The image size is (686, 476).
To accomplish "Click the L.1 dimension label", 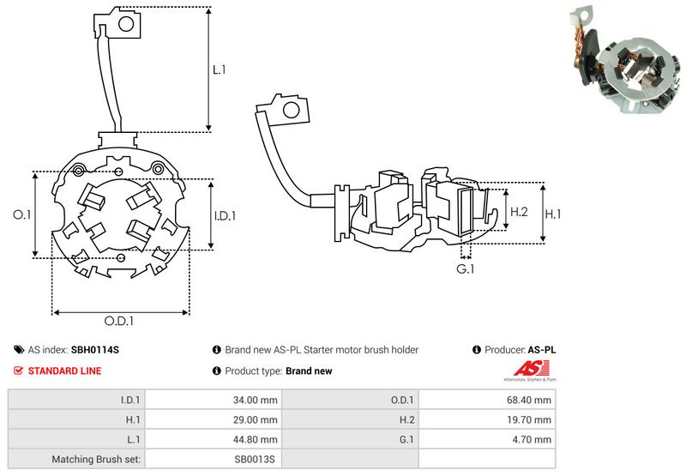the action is tap(220, 69).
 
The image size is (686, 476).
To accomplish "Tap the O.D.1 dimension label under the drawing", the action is tap(119, 321).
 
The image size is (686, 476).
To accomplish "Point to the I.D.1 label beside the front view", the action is tap(225, 215).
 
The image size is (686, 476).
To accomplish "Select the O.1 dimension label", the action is tap(22, 214).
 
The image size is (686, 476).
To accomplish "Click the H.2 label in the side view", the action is tap(520, 212).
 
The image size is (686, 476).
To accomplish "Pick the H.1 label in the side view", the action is tap(553, 214).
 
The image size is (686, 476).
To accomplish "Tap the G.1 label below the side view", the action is tap(465, 268).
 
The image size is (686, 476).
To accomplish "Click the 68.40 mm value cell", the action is tap(487, 400).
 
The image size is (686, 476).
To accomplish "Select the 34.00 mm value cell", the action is tap(214, 400).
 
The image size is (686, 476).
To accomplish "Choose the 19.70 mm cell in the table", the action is tap(487, 419).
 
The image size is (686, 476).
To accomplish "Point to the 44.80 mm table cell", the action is tap(214, 439).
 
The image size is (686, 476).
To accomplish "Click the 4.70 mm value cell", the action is tap(487, 439).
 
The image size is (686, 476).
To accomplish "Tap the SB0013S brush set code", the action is tap(255, 460).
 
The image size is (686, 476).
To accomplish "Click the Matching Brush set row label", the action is tap(96, 460).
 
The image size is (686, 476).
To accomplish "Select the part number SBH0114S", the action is tap(95, 350).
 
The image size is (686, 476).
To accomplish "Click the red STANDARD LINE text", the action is tap(65, 371).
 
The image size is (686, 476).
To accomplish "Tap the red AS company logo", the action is tap(530, 369).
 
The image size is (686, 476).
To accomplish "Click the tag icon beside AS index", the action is tap(19, 350).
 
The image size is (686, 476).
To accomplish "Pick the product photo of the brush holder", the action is tap(626, 59).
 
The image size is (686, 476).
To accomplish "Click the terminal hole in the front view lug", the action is tap(126, 24).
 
